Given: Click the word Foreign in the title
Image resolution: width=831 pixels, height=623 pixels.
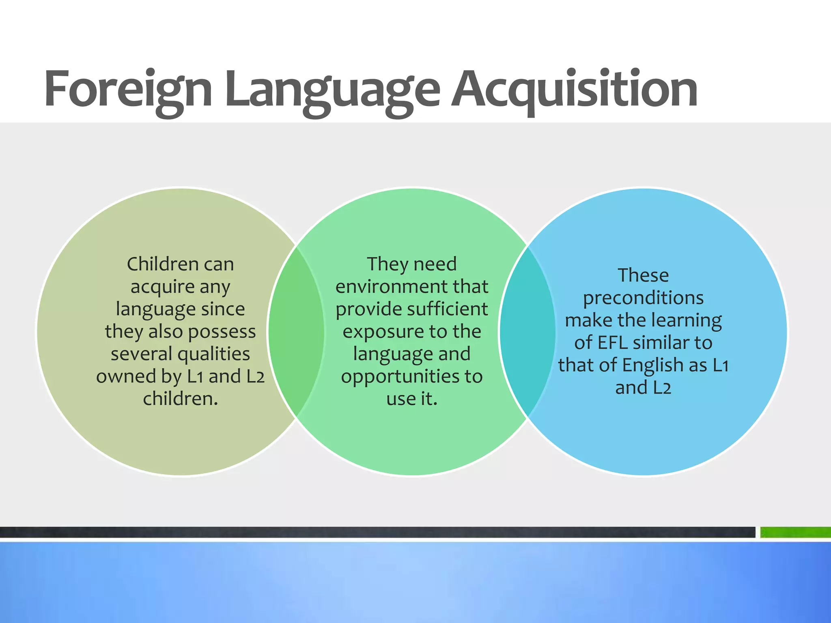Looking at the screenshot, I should (128, 89).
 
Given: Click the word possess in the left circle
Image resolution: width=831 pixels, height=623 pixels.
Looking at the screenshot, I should (222, 332).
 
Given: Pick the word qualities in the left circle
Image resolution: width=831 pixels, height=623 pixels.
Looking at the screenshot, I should (214, 354).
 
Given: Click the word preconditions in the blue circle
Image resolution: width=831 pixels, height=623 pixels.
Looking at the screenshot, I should (643, 299).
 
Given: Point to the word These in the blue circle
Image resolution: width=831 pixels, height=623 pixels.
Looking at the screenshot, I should (643, 276).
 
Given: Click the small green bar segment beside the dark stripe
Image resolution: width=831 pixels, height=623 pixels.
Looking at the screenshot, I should (795, 532).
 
